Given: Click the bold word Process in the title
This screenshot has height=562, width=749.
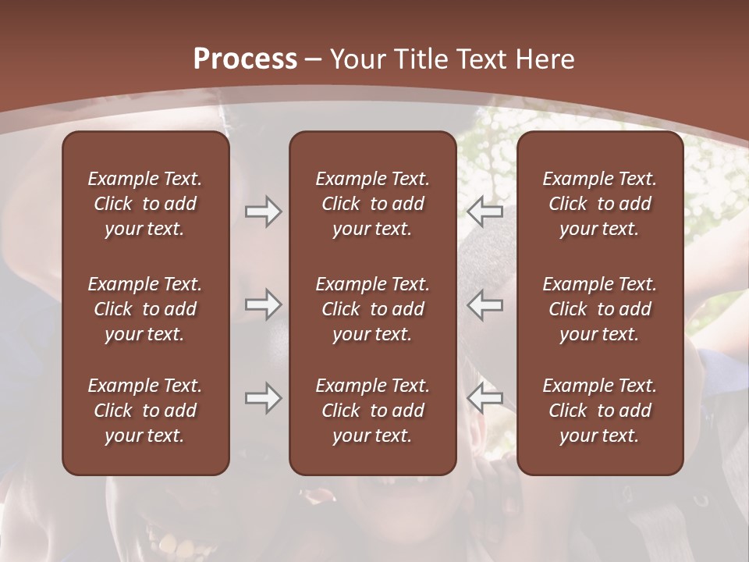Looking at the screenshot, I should pos(245,59).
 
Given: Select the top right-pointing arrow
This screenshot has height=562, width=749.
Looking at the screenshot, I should pos(263,212).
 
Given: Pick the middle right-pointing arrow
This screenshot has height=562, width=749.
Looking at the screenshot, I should pos(263,304).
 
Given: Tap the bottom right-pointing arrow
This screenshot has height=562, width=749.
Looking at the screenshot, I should pos(263,398).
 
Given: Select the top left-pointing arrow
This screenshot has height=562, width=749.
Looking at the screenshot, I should pos(485,212).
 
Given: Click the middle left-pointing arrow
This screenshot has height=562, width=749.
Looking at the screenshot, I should pos(485,304).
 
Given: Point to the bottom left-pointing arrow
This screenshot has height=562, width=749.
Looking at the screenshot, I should pos(485,398).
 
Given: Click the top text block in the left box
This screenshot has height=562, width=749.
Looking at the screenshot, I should pos(145,204).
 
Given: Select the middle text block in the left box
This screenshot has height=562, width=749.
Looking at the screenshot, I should pos(145,309).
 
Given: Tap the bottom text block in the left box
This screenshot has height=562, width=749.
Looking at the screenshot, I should pos(145,411).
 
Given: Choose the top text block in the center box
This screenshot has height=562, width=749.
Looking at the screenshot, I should pos(372,204).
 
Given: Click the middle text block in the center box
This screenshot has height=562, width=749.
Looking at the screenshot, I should pos(372,309).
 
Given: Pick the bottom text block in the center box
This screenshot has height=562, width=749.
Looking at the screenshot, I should pos(372,411).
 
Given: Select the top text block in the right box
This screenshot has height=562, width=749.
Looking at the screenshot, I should pos(599,204).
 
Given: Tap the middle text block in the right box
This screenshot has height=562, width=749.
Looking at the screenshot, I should pos(599,309).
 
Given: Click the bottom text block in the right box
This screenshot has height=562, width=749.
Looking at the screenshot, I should pos(599,411).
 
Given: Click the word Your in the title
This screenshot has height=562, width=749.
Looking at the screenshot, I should pos(356,59).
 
